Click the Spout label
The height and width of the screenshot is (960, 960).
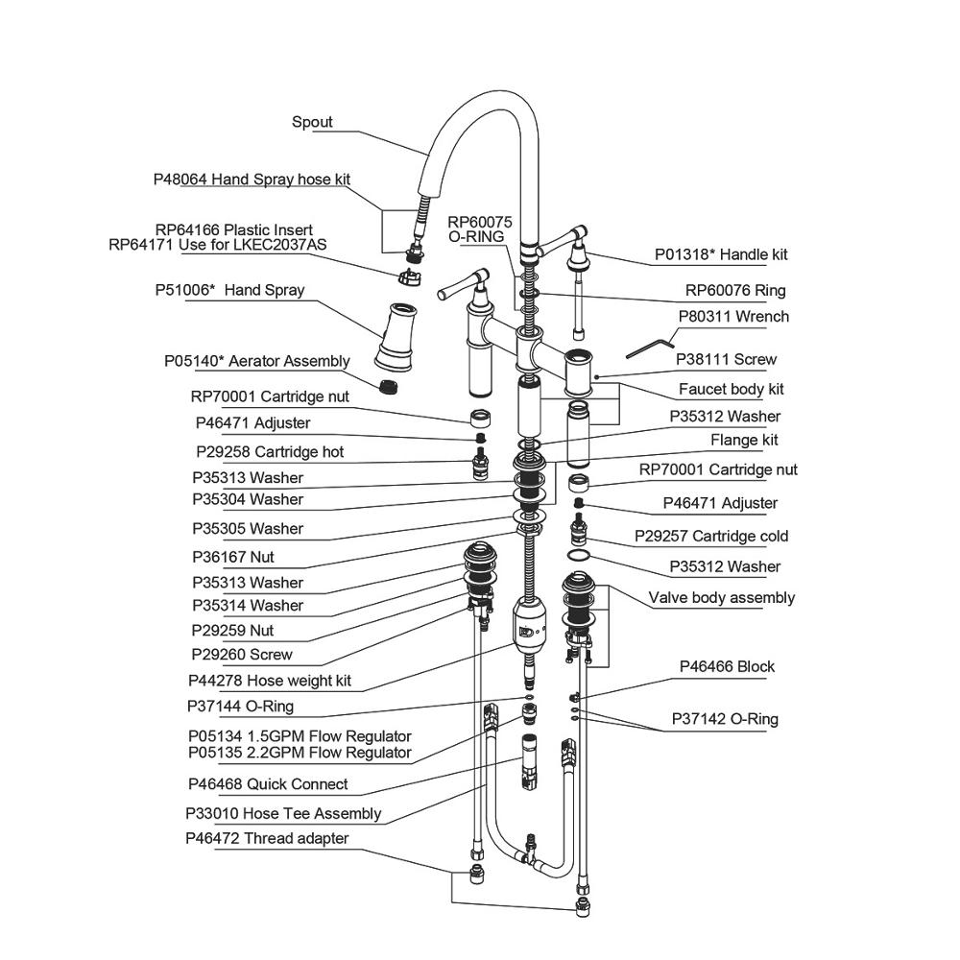click(312, 122)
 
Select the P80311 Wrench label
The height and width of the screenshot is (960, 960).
click(733, 316)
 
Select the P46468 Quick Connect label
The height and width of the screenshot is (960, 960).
click(268, 783)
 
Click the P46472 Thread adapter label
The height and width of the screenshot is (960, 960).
click(267, 838)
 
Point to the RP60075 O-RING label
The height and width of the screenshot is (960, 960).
click(480, 228)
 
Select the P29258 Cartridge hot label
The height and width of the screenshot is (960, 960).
click(270, 451)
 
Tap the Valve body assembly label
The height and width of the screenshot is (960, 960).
click(721, 597)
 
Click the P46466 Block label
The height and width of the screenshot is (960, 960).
click(727, 666)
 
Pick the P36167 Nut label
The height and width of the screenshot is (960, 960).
click(233, 557)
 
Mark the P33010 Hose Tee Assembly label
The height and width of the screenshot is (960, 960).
click(283, 813)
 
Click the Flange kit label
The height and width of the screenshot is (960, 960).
click(744, 440)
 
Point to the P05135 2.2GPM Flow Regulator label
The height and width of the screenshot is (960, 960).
click(300, 753)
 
